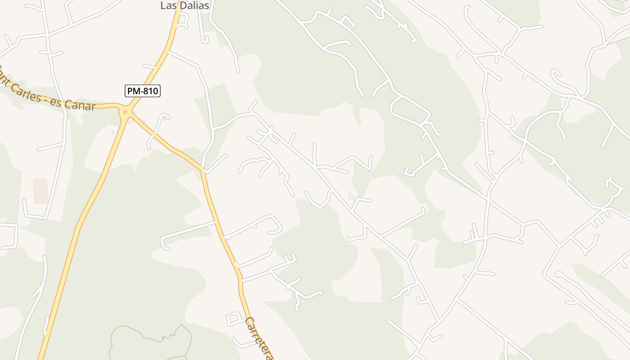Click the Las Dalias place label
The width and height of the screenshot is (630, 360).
click(x=184, y=5)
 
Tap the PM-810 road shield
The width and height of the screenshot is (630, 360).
click(x=142, y=91)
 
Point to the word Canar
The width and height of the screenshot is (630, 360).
click(x=80, y=106)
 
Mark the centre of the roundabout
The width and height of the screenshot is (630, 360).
click(x=125, y=112)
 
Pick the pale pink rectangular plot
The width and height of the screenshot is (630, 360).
click(x=40, y=190)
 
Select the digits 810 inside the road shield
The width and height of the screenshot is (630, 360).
click(x=150, y=91)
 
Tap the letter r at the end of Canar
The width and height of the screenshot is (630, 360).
click(x=92, y=107)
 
